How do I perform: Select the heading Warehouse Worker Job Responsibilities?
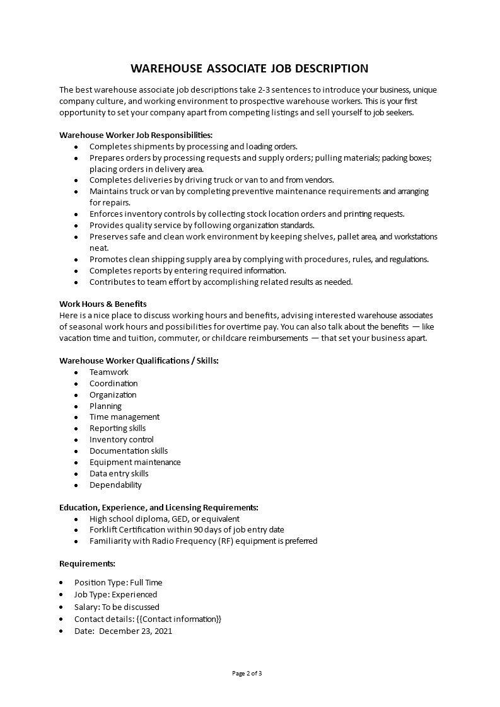(x=136, y=135)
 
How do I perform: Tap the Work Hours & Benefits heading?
(x=103, y=304)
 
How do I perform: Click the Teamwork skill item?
(x=108, y=372)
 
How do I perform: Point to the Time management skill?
(x=124, y=417)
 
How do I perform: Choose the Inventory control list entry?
(x=121, y=440)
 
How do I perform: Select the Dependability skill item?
(x=115, y=485)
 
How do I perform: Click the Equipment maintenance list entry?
(x=135, y=463)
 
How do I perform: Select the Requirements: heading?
(x=87, y=563)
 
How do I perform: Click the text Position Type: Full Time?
(x=118, y=583)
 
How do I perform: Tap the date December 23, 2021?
(x=136, y=631)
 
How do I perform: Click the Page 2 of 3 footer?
(x=247, y=674)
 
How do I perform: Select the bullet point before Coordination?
(x=76, y=384)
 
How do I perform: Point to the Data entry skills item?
(x=119, y=474)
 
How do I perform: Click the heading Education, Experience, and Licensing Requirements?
(x=158, y=507)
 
